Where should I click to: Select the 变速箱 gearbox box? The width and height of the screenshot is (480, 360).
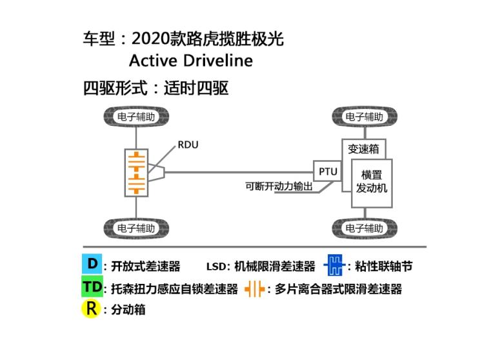tap(364, 149)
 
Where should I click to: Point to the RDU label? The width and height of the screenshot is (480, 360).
tap(188, 145)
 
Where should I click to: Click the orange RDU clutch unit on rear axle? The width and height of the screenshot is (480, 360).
tap(136, 172)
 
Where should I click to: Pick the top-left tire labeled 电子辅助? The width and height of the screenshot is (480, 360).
tap(136, 117)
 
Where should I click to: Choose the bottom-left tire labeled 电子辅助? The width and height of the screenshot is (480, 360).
tap(136, 228)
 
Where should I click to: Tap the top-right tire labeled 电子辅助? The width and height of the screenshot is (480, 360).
tap(365, 117)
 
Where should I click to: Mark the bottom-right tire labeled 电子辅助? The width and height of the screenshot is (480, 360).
tap(365, 228)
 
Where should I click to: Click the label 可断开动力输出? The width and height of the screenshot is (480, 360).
tap(279, 186)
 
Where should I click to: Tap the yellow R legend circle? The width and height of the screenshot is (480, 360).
tap(92, 308)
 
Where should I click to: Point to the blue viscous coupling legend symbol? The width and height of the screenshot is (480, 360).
tap(334, 265)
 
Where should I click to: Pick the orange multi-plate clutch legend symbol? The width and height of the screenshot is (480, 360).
tap(255, 288)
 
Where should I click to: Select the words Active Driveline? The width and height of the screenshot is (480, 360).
tap(190, 61)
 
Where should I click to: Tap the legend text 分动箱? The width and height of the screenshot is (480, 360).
tap(128, 310)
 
